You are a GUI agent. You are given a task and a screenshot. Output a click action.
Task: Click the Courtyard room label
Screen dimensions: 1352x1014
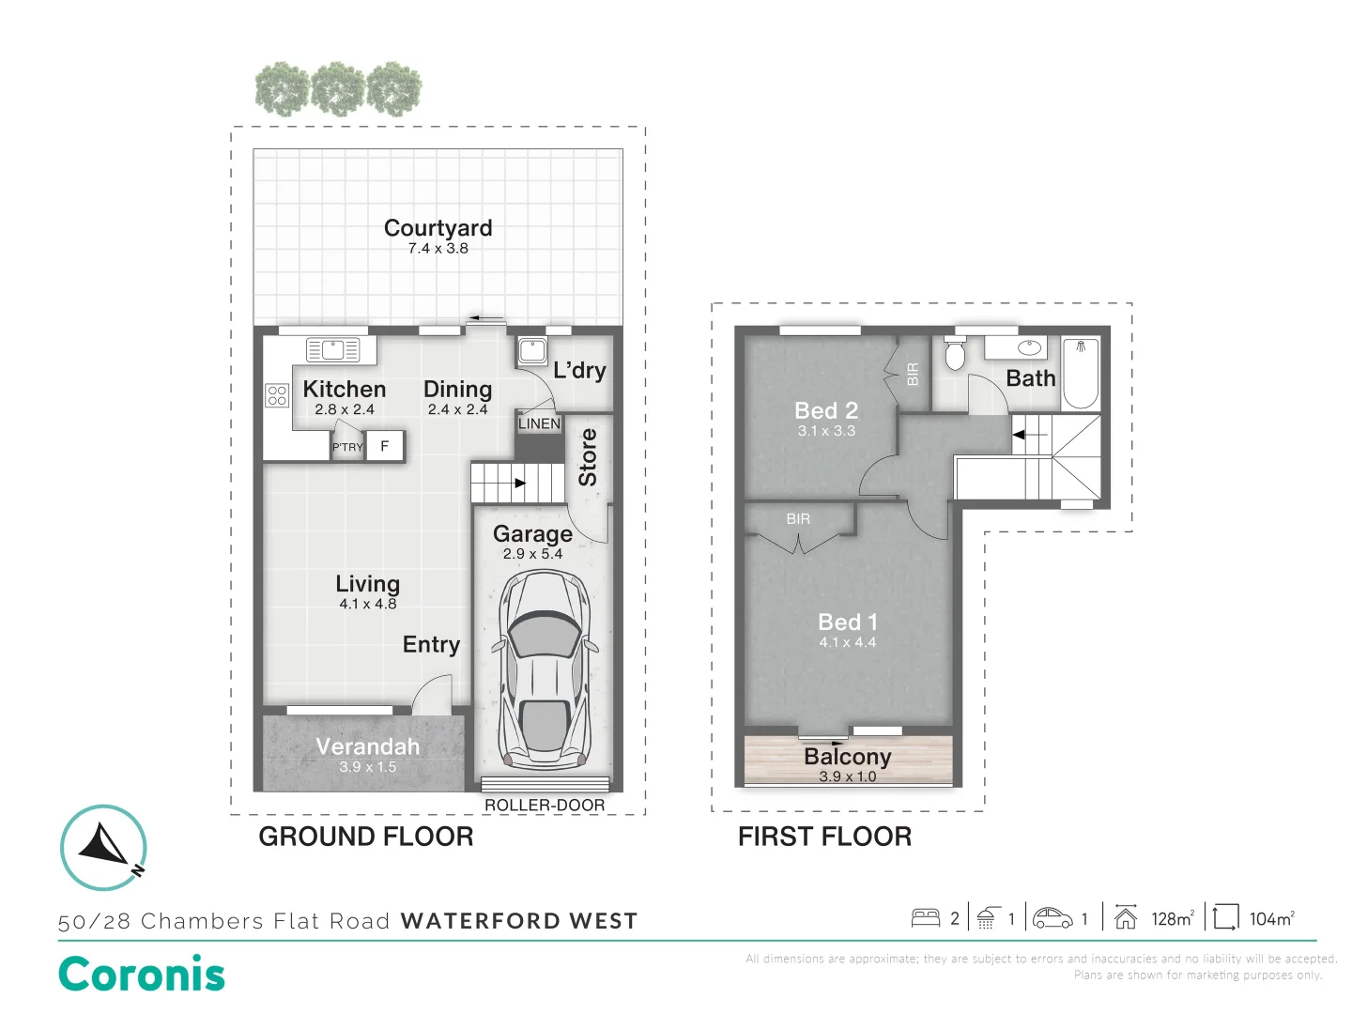coord(438,228)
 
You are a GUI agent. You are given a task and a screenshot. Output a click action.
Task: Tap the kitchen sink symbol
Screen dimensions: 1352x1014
coord(332,349)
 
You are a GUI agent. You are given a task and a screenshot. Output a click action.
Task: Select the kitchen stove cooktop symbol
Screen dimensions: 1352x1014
coord(277,395)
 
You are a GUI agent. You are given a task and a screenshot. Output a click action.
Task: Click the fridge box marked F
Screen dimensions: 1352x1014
coord(385,446)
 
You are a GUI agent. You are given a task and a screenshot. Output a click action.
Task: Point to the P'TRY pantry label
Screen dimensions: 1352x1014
coord(347,447)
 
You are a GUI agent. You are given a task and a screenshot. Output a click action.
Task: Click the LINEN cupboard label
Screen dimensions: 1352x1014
coord(540,423)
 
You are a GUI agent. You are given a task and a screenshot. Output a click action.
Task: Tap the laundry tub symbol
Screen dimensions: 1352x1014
coord(531,351)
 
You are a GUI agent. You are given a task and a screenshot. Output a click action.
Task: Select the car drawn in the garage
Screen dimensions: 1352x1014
coord(543,669)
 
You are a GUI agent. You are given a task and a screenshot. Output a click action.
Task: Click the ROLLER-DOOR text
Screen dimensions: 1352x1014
coord(545,805)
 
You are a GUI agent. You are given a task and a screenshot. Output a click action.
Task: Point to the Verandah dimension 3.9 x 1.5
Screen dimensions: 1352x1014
coord(368,767)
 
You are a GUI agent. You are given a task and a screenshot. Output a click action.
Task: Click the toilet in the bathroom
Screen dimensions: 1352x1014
coord(955,353)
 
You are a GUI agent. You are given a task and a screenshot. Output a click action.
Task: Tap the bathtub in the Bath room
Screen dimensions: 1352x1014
coord(1081,373)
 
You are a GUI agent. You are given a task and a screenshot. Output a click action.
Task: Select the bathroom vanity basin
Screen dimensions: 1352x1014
coord(1029,347)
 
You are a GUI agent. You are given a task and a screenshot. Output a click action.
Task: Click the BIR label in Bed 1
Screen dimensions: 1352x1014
coord(798,519)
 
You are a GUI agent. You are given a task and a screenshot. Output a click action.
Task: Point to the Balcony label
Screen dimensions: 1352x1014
coord(848,756)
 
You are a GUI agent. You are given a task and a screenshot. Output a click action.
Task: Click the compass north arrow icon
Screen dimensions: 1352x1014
coord(103,847)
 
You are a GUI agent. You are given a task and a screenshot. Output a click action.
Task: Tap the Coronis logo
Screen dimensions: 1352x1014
coord(142,974)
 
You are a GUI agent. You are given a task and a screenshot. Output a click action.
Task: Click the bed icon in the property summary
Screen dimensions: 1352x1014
coord(925,918)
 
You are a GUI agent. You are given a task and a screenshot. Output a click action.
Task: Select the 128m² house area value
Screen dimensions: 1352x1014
coord(1173,918)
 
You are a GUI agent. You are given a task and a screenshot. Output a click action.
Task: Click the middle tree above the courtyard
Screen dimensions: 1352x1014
coord(338,88)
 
